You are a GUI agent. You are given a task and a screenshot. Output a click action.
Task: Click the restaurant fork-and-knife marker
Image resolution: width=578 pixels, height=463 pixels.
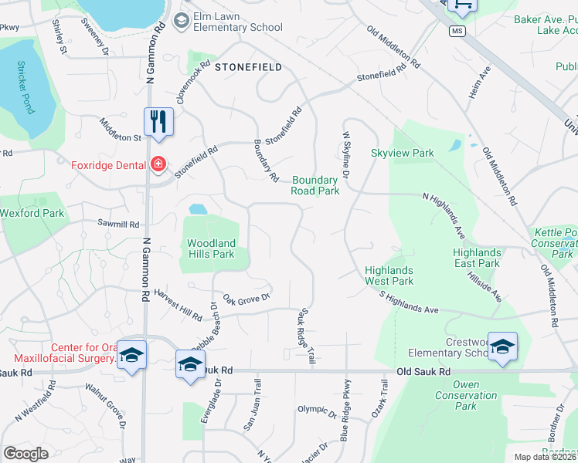pos(158,122)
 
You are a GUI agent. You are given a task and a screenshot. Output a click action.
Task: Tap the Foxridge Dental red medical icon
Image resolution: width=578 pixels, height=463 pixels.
pos(158,164)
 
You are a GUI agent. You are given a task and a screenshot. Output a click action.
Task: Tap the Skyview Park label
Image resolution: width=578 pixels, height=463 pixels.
pos(402,153)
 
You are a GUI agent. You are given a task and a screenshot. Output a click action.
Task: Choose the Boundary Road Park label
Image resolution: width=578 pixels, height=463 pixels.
pos(315,185)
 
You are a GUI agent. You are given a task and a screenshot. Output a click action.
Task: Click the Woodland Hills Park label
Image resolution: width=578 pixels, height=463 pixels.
pos(211,248)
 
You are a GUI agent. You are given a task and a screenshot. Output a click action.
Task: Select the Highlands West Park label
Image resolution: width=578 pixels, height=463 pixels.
pos(389,275)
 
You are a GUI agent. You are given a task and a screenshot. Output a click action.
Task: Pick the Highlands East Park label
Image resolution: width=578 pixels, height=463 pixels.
pos(477,258)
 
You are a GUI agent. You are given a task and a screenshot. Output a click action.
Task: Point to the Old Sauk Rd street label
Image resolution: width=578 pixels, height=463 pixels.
pos(423,371)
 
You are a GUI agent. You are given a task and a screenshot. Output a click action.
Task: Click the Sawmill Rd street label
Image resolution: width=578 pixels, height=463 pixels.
pos(118,224)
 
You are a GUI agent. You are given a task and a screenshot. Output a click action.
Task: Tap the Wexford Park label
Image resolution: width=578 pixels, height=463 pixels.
pos(32,213)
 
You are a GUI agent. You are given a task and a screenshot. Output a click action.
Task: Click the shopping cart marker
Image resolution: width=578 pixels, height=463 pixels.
pos(462,6)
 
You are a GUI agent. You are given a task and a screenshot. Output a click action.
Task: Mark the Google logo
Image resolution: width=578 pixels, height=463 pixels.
pos(25,454)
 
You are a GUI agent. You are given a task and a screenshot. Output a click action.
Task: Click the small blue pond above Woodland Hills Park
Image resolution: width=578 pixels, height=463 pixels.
pos(198,208)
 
